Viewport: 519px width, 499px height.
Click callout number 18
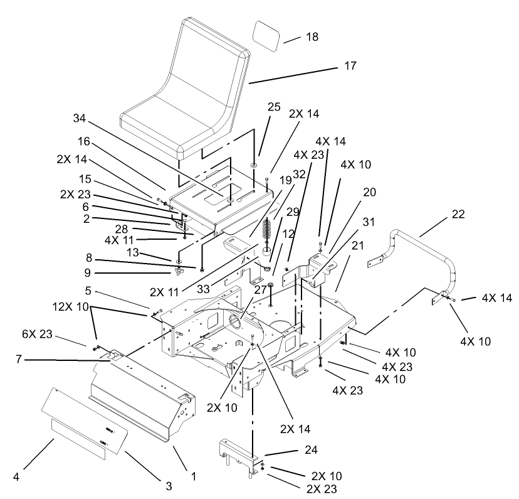click(312, 38)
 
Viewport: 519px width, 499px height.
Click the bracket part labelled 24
click(238, 455)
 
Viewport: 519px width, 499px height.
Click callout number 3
click(168, 485)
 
